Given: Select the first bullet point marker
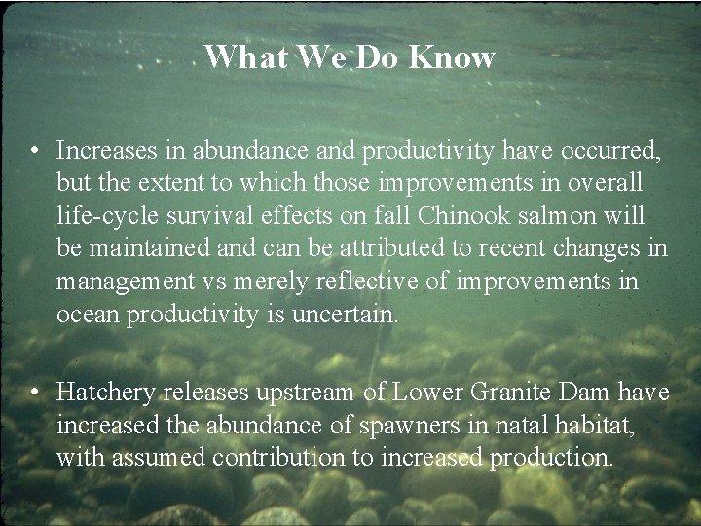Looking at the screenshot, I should click(34, 151).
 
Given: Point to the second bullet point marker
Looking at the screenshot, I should click(34, 393).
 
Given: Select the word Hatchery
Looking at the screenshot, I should click(106, 393).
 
